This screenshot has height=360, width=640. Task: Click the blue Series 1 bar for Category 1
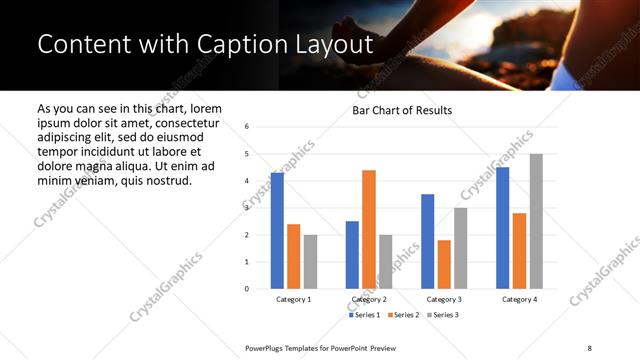click(277, 231)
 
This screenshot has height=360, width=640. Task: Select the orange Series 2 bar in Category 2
click(369, 229)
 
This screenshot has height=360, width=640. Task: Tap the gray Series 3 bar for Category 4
click(536, 221)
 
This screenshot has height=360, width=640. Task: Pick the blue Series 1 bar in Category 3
click(427, 241)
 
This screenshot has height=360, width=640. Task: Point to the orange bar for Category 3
click(444, 264)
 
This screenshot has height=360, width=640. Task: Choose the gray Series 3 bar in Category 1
click(311, 261)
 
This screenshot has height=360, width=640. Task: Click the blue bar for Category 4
click(502, 228)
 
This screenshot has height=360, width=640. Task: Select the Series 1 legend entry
click(365, 315)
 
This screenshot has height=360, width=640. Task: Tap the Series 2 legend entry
click(403, 315)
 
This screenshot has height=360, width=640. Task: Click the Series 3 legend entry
click(441, 315)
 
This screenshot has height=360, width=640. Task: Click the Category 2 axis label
click(369, 299)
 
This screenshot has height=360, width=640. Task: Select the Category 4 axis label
click(519, 299)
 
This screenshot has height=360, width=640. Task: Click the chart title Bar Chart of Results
click(402, 110)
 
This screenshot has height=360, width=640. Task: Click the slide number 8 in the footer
click(590, 346)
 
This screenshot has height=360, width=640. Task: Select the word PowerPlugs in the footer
click(266, 346)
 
